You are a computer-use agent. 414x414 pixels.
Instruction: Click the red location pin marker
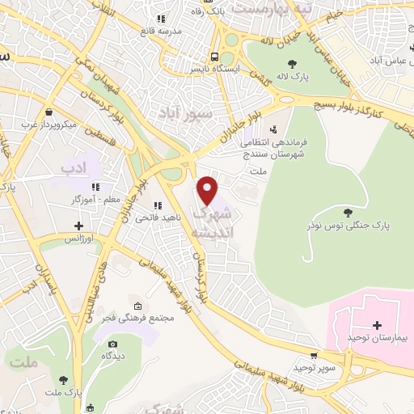point(209,190)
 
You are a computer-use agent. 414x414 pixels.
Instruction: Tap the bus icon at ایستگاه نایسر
point(214,57)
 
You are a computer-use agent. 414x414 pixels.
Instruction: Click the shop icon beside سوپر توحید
point(314,355)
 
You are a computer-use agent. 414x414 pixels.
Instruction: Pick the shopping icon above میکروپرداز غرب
point(49,112)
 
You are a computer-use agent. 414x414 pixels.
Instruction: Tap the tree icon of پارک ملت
point(63,378)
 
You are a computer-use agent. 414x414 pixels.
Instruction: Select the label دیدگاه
point(112,356)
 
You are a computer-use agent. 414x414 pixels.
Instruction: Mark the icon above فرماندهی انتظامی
point(272,129)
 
